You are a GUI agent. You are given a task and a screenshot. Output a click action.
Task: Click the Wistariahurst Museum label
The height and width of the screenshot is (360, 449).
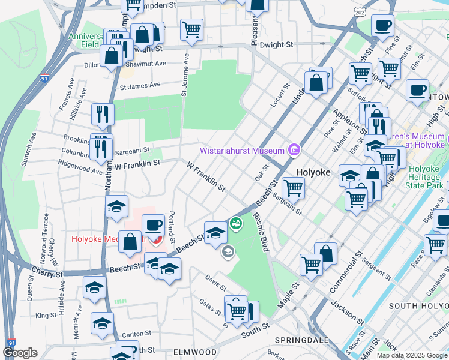click(x=243, y=150)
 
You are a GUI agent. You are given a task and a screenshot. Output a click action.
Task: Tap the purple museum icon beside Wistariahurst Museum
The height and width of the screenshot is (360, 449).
click(x=294, y=149)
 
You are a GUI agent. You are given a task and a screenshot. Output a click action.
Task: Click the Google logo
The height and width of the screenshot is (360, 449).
click(x=20, y=353)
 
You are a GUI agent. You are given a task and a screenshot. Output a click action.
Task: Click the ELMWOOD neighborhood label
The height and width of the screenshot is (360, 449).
click(x=195, y=352)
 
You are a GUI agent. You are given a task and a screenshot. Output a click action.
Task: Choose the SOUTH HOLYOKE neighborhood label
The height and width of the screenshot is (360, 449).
click(x=418, y=306)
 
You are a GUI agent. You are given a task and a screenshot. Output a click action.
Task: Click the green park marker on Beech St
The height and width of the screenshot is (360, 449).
click(x=237, y=223)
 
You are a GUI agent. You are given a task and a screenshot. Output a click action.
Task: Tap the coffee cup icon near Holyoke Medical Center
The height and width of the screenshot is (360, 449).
click(x=154, y=226)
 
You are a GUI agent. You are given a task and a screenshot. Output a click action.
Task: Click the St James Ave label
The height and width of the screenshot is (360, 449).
click(x=141, y=86)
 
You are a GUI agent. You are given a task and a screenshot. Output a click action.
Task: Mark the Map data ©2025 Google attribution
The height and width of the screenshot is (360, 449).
click(x=411, y=355)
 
